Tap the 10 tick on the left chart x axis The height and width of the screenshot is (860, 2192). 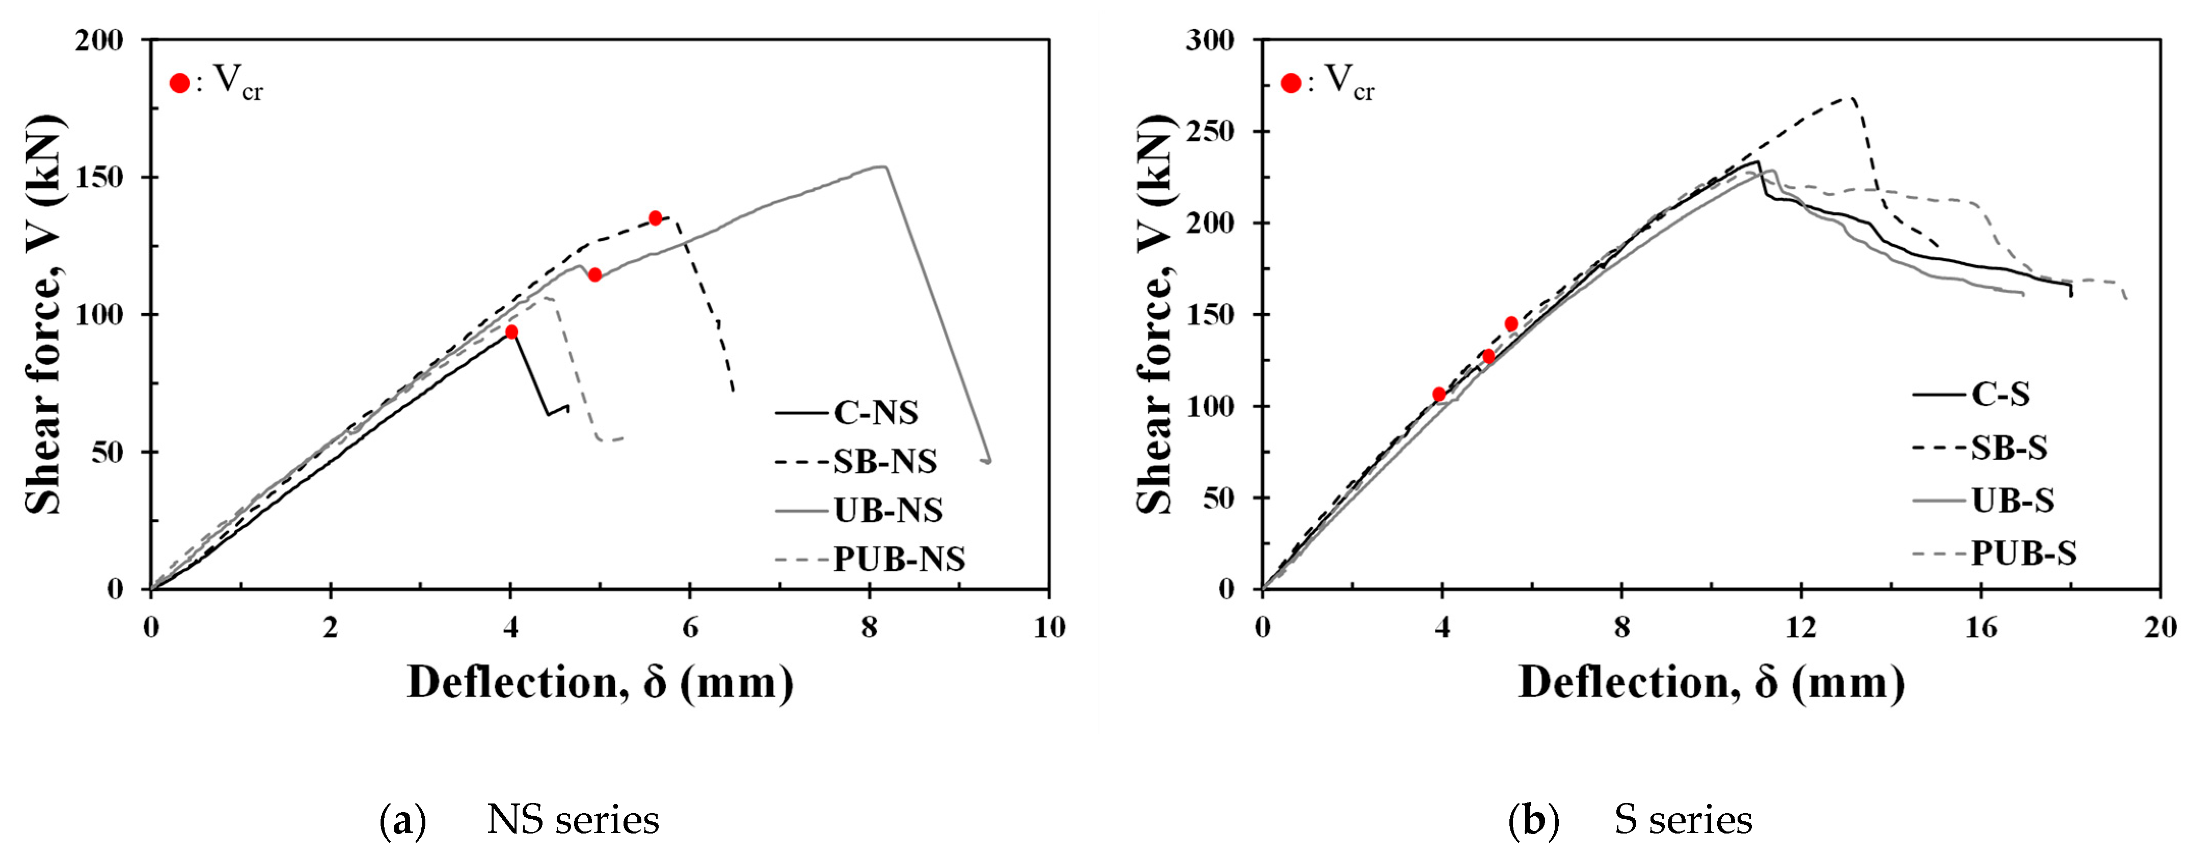point(1048,628)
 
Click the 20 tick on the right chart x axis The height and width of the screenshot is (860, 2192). point(2160,628)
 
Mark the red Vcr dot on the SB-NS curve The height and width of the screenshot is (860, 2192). point(655,218)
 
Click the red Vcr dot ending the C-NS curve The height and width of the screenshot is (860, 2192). point(511,332)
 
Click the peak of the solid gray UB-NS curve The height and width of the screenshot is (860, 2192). point(882,167)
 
